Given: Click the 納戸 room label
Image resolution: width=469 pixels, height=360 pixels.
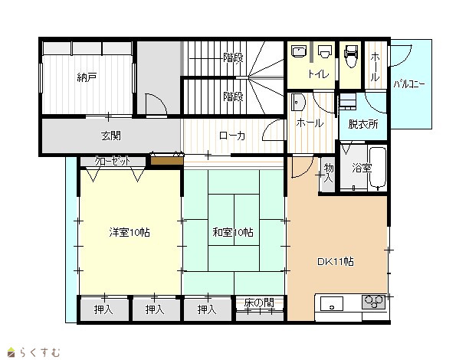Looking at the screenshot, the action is pos(87,77).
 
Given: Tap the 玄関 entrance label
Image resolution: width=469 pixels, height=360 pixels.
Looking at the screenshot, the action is pos(111,136).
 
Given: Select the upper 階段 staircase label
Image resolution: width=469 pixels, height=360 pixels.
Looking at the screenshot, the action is pos(233,57).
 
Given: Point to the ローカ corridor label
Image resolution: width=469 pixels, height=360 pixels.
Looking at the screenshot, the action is pos(232,136).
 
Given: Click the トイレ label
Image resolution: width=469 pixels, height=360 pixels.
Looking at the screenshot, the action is pos(318,74).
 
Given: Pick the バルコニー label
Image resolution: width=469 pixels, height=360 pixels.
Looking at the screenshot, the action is pos(409,84).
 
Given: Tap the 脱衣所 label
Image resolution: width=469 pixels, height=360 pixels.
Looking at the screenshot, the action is pos(363,124).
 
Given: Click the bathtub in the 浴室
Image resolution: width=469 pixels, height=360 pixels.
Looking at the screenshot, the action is pos(378,168).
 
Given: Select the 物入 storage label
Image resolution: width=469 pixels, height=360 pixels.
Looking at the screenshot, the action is pos(329,173).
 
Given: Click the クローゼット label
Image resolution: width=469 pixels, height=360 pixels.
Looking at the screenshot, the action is pos(113,162).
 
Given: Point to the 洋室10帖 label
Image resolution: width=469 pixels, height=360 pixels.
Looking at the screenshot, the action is pos(130,232).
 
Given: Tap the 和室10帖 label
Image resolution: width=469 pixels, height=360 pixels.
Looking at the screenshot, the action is pos(233,232).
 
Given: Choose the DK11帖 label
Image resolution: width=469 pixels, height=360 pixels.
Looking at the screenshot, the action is pos(336,262).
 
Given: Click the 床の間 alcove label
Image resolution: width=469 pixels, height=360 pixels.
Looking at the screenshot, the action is pos(259,303).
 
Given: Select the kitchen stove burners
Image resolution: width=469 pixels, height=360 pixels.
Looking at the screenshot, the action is pos(373,301).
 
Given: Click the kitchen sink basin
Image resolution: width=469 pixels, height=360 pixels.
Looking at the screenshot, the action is pos(332,304).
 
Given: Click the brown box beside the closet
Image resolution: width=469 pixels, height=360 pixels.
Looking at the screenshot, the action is pos(166,161).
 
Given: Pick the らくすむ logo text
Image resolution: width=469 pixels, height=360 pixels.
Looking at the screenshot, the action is pos(40,352).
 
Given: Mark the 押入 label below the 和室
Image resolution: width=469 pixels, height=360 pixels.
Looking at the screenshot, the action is pos(207,309).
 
